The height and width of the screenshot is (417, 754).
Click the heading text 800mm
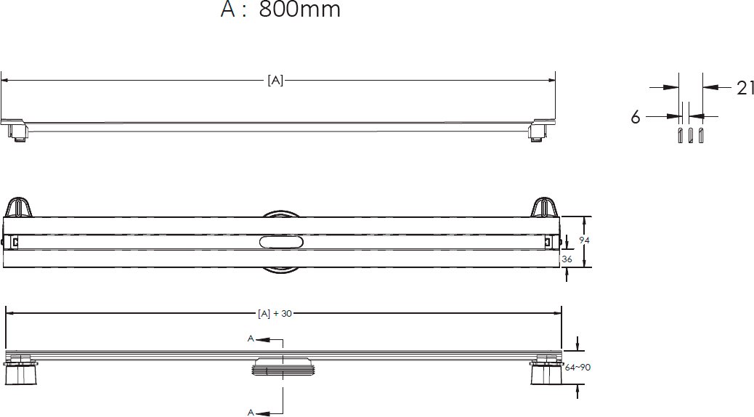(x=299, y=11)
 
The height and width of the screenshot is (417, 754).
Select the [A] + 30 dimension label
(x=275, y=314)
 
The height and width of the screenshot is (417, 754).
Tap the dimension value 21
(x=745, y=88)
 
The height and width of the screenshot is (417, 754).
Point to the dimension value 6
(x=635, y=117)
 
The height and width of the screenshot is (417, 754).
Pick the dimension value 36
(x=567, y=258)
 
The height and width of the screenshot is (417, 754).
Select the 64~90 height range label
(x=577, y=368)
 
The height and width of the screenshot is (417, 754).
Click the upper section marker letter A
(x=251, y=339)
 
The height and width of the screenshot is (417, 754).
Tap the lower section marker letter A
(x=251, y=412)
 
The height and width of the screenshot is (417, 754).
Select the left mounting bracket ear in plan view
(x=22, y=207)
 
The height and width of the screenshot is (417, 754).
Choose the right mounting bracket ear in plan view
(x=543, y=207)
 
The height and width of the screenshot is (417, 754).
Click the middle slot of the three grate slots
(x=690, y=137)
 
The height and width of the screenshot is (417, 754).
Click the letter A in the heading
(x=227, y=11)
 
